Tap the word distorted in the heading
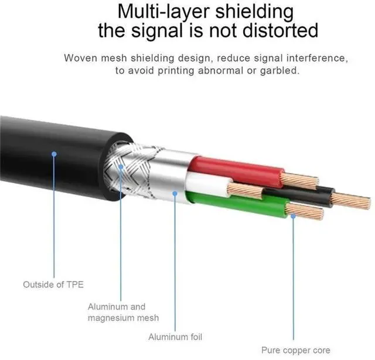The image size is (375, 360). point(276,30)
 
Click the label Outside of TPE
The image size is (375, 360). point(53,284)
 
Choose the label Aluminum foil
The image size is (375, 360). point(176,337)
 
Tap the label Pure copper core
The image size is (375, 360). point(296,350)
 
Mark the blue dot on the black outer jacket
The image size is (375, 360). point(53,154)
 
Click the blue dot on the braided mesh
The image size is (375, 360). point(121,166)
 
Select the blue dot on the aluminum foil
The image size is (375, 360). point(175,191)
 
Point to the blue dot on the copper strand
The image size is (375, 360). point(294,215)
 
